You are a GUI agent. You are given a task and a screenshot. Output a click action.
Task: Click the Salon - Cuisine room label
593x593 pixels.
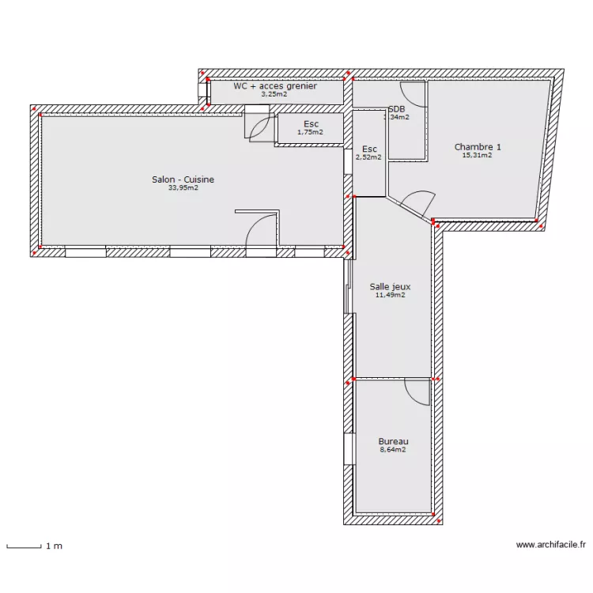coord(183,179)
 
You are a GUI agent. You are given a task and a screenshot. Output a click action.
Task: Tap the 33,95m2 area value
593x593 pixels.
coord(183,188)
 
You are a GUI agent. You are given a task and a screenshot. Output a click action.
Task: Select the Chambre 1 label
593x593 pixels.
coord(478,146)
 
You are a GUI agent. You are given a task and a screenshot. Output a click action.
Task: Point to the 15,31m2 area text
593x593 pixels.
coord(478,155)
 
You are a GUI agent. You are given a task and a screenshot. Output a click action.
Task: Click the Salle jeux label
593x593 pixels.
coord(390,286)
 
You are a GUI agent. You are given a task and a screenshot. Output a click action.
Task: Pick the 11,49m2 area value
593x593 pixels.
coord(390,295)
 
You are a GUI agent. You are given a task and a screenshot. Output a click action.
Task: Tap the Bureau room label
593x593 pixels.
coord(393,441)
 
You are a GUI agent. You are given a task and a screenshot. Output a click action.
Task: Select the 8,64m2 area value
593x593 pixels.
coord(393,450)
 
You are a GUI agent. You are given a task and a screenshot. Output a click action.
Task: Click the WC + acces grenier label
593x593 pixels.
coord(274,85)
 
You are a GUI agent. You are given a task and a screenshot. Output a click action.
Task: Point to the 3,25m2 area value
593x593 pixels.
coord(274,94)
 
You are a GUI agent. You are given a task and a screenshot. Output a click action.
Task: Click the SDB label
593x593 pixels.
coord(396,108)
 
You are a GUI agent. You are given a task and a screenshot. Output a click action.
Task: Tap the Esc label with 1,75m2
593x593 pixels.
coord(311,124)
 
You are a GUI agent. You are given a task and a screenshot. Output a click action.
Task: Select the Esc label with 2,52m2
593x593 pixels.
coord(369,149)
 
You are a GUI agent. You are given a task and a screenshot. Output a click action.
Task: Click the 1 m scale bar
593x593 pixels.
coord(24,546)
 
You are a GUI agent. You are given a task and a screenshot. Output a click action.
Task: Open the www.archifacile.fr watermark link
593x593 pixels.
coord(550,545)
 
